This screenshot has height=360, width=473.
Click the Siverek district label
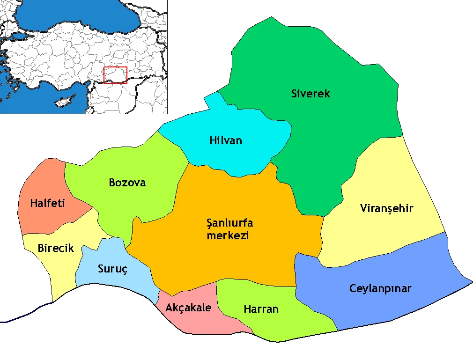pos(310,94)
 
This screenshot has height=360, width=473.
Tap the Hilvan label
pos(226,140)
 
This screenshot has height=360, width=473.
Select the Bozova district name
pos(127,183)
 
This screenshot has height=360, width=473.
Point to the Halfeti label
pos(47,204)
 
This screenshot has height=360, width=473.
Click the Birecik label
pos(56,249)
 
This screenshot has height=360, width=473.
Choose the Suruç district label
pos(112,269)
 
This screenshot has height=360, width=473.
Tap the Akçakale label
pos(188,308)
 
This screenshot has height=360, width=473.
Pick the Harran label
pos(261,309)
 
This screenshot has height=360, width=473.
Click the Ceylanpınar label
pos(380,288)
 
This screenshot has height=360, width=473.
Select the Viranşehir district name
pos(387,208)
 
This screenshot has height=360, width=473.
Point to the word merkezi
pos(228,235)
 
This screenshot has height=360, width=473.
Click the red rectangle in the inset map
pos(115,75)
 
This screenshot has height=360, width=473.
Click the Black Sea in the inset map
pos(70,16)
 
